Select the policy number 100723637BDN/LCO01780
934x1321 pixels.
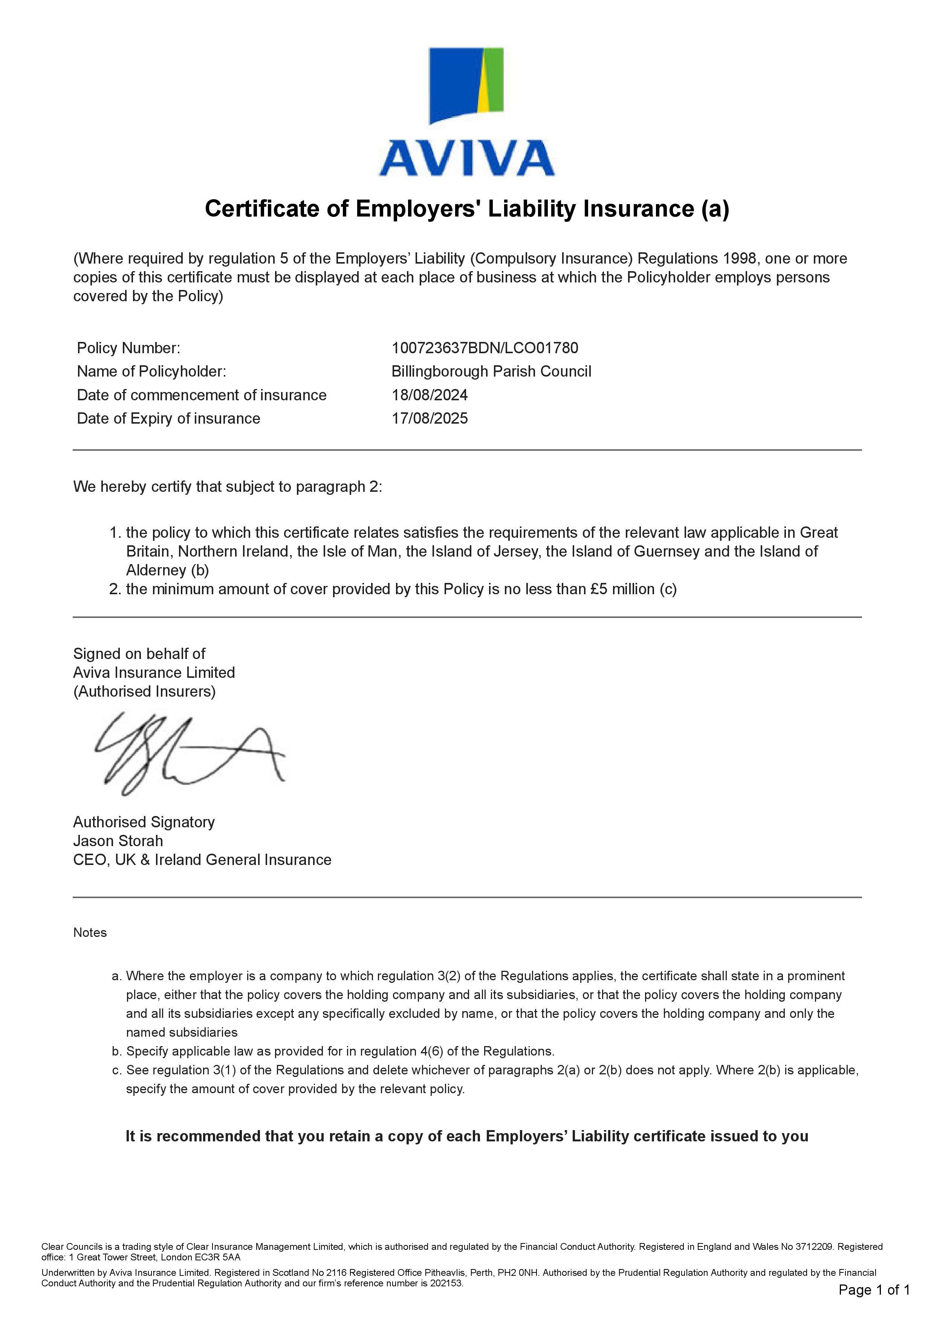click(485, 348)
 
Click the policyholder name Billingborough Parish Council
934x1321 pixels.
click(491, 372)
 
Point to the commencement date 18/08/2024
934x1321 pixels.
click(429, 395)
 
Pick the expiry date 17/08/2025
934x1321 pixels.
click(429, 418)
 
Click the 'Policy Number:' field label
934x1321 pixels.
click(128, 348)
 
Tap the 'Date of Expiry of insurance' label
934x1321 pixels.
click(168, 418)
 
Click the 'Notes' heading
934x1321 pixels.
click(90, 933)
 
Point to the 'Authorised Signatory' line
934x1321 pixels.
click(144, 822)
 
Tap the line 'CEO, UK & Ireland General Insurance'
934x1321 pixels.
click(202, 860)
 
